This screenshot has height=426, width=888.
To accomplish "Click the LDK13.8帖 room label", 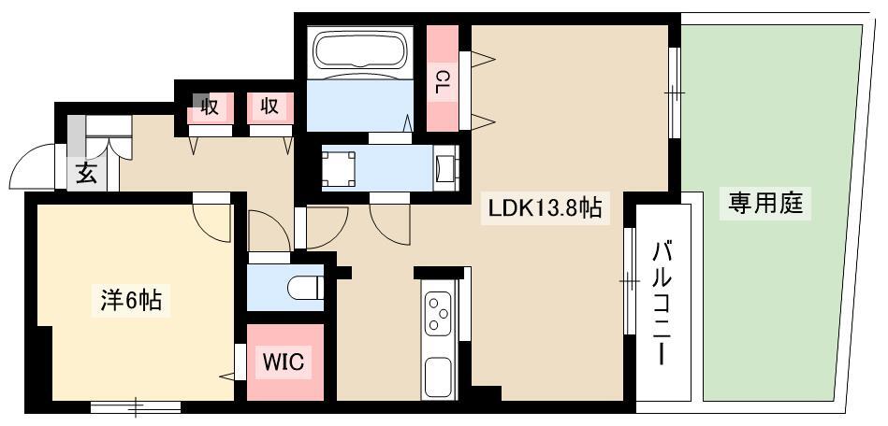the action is (x=545, y=209).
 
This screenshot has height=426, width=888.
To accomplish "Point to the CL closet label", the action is (x=442, y=81).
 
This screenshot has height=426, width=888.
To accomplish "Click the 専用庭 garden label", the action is (x=765, y=203).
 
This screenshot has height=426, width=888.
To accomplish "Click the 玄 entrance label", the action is (x=86, y=173).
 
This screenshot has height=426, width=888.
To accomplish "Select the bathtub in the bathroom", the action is (x=359, y=52).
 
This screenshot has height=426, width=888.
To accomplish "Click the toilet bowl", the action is (x=305, y=288).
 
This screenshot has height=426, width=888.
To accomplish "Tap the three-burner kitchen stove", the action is (x=438, y=313).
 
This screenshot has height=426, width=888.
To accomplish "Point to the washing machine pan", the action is (x=340, y=169).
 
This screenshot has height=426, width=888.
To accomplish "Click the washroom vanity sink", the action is (x=445, y=167).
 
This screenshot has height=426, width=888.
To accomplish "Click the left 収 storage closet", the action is (x=211, y=106).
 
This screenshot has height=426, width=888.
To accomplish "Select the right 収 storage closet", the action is (x=270, y=106).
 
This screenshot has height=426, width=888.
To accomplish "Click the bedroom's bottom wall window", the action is (x=136, y=406).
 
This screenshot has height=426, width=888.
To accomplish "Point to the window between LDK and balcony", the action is (x=629, y=280).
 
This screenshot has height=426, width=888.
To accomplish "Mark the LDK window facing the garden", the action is (x=675, y=92).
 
